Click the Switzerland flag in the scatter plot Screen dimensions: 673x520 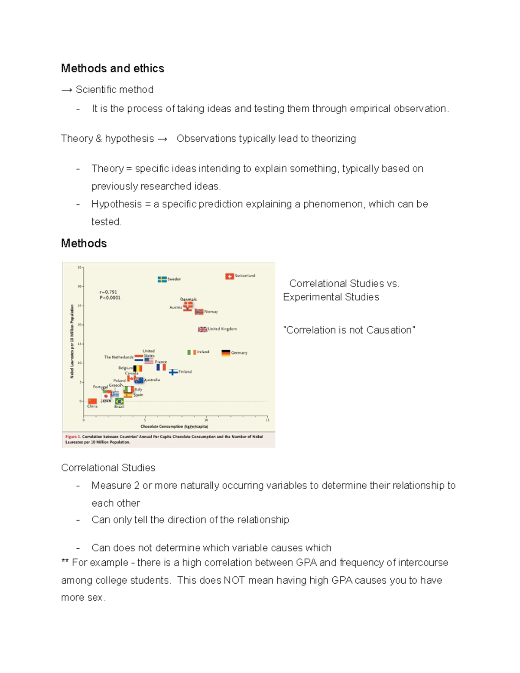pyautogui.click(x=229, y=276)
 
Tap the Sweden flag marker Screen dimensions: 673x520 pyautogui.click(x=162, y=279)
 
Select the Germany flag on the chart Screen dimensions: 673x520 pyautogui.click(x=226, y=353)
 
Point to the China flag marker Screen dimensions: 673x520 pyautogui.click(x=92, y=401)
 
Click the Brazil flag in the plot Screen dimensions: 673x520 pyautogui.click(x=119, y=401)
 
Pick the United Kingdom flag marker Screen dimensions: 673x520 pyautogui.click(x=202, y=329)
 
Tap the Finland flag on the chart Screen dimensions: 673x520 pyautogui.click(x=173, y=372)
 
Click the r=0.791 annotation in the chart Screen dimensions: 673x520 pyautogui.click(x=108, y=292)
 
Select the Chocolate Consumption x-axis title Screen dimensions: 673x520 pyautogui.click(x=174, y=426)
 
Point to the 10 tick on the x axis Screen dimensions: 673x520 pyautogui.click(x=206, y=420)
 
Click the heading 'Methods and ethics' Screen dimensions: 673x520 pyautogui.click(x=113, y=68)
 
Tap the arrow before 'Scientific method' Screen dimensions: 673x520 pyautogui.click(x=67, y=90)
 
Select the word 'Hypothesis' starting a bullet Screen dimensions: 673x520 pyautogui.click(x=117, y=204)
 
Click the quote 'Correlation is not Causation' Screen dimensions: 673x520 pyautogui.click(x=349, y=330)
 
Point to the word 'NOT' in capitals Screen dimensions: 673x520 pyautogui.click(x=234, y=580)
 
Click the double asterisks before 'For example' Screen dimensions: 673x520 pyautogui.click(x=65, y=562)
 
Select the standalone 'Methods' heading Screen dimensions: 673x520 pyautogui.click(x=84, y=244)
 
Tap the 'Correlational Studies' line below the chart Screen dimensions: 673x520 pyautogui.click(x=108, y=468)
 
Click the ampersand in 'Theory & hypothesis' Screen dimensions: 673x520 pyautogui.click(x=99, y=139)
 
